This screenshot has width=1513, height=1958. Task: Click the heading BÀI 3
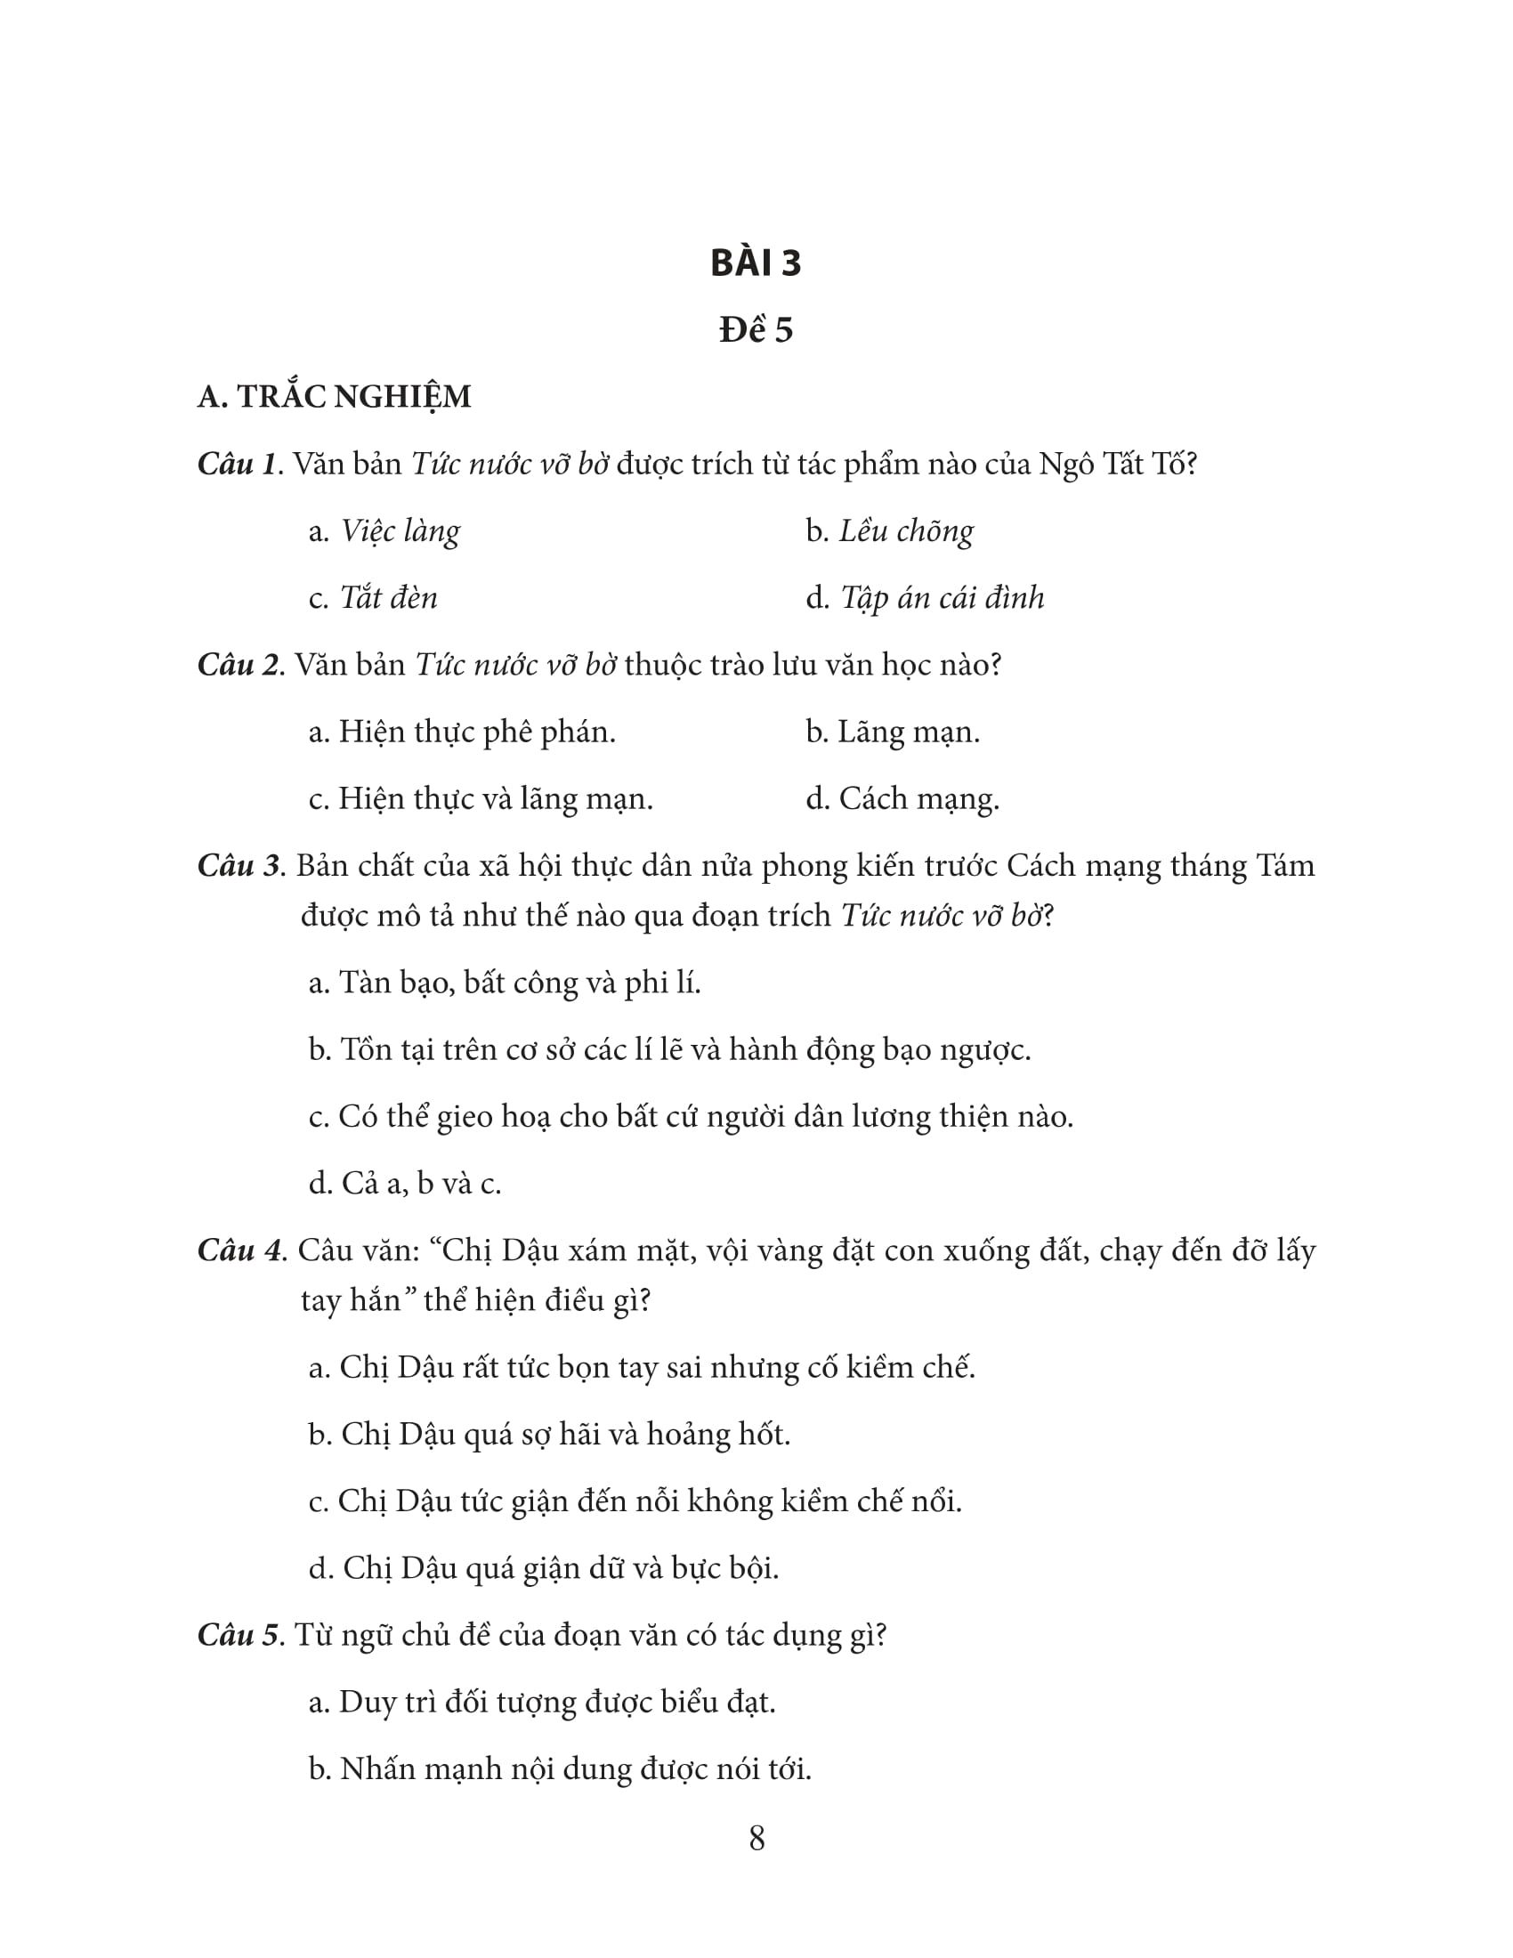[756, 263]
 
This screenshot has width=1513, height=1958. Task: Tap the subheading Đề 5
[756, 330]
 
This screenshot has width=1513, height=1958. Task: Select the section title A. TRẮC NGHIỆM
[335, 397]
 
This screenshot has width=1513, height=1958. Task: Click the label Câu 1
[237, 465]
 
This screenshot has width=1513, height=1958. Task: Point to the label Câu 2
[239, 665]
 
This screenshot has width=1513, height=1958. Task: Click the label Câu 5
[239, 1635]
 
